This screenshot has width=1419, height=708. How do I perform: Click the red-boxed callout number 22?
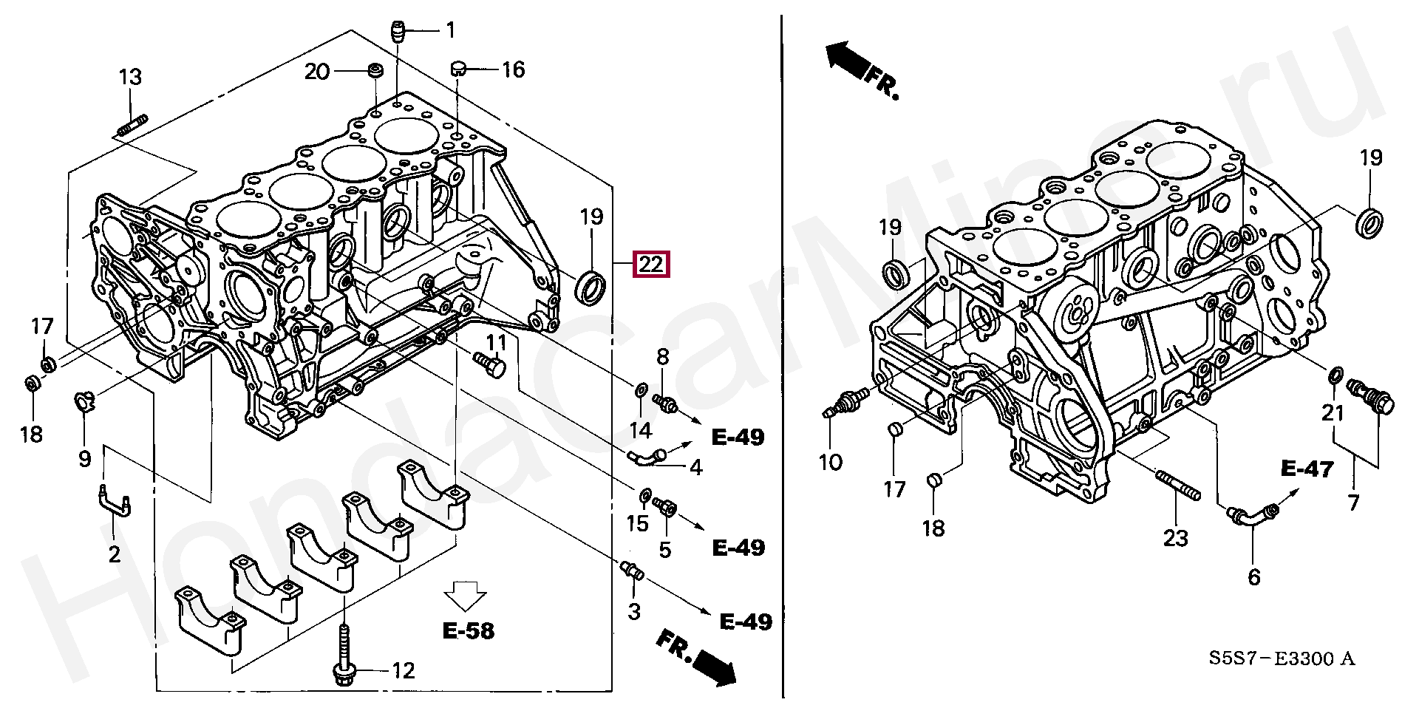(x=650, y=265)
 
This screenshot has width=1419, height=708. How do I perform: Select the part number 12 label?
(x=403, y=671)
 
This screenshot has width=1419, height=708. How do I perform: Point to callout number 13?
(x=130, y=77)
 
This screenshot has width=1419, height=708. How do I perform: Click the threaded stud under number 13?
(x=132, y=123)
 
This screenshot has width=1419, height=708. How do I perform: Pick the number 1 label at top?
(x=450, y=30)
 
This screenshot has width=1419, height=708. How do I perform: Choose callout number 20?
(x=317, y=71)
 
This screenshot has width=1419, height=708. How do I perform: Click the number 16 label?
(x=513, y=70)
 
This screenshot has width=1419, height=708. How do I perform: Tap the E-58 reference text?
(x=469, y=631)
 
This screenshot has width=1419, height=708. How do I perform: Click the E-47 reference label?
(x=1307, y=468)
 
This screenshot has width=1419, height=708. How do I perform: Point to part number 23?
(x=1175, y=537)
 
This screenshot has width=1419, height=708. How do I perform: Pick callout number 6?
(x=1253, y=576)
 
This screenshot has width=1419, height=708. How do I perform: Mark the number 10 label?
(x=831, y=463)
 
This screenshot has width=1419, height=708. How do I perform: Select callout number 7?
(x=1353, y=503)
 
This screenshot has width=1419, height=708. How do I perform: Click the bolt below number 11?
(x=488, y=364)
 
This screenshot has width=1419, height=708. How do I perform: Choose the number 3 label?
(x=633, y=611)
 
